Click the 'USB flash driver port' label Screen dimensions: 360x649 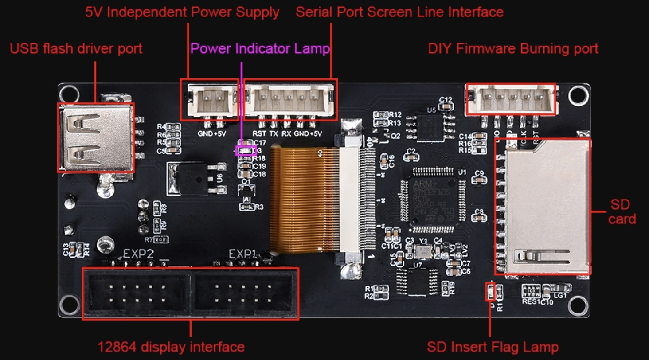click(x=76, y=48)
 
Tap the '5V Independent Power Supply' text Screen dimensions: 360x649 click(x=182, y=12)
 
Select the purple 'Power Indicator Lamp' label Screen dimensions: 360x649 click(x=260, y=48)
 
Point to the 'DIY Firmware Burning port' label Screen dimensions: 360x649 click(x=513, y=48)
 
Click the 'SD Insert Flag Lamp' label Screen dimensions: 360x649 click(x=493, y=346)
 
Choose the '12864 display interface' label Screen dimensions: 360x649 click(x=171, y=346)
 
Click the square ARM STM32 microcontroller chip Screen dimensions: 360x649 click(x=430, y=197)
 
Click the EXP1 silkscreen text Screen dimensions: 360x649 click(x=242, y=254)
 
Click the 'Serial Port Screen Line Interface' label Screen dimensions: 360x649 click(x=399, y=12)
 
